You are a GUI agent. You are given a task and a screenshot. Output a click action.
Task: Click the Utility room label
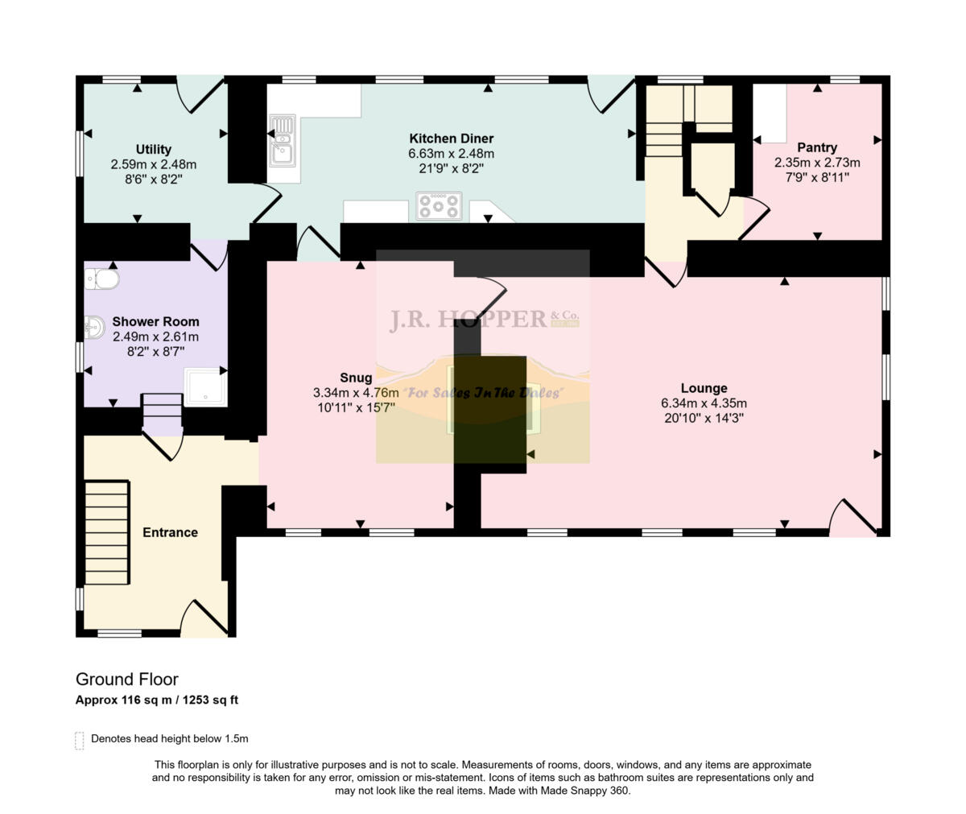[x=153, y=149]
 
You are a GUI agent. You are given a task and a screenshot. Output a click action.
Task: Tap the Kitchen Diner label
[x=451, y=138]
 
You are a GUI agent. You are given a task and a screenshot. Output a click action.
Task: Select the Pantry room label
[x=816, y=147]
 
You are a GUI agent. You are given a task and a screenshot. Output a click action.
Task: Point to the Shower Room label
[x=155, y=322]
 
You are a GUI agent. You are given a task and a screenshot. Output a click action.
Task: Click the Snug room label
[x=356, y=378]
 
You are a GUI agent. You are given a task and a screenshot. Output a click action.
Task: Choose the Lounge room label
[x=704, y=388]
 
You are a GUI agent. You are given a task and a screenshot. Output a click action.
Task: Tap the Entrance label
[x=170, y=532]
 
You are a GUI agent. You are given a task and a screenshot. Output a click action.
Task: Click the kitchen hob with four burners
[x=439, y=206]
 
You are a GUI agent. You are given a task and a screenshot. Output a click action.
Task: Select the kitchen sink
[x=282, y=140]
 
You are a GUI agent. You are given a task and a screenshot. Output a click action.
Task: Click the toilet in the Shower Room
[x=102, y=279]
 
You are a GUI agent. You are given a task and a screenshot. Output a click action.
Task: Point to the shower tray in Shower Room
[x=204, y=387]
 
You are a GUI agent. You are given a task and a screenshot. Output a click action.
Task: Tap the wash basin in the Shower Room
[x=94, y=327]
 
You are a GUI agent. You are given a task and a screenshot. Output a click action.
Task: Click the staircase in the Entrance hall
[x=107, y=532]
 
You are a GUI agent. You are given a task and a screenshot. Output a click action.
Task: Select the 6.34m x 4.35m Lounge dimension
[x=704, y=403]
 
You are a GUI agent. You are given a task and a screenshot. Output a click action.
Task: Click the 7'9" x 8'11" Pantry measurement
[x=816, y=176]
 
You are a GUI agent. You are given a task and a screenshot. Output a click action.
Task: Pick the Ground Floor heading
[x=126, y=680]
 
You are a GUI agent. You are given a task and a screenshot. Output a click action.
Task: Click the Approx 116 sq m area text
[x=156, y=700]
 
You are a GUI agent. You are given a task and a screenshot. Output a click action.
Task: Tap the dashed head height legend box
[x=80, y=740]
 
